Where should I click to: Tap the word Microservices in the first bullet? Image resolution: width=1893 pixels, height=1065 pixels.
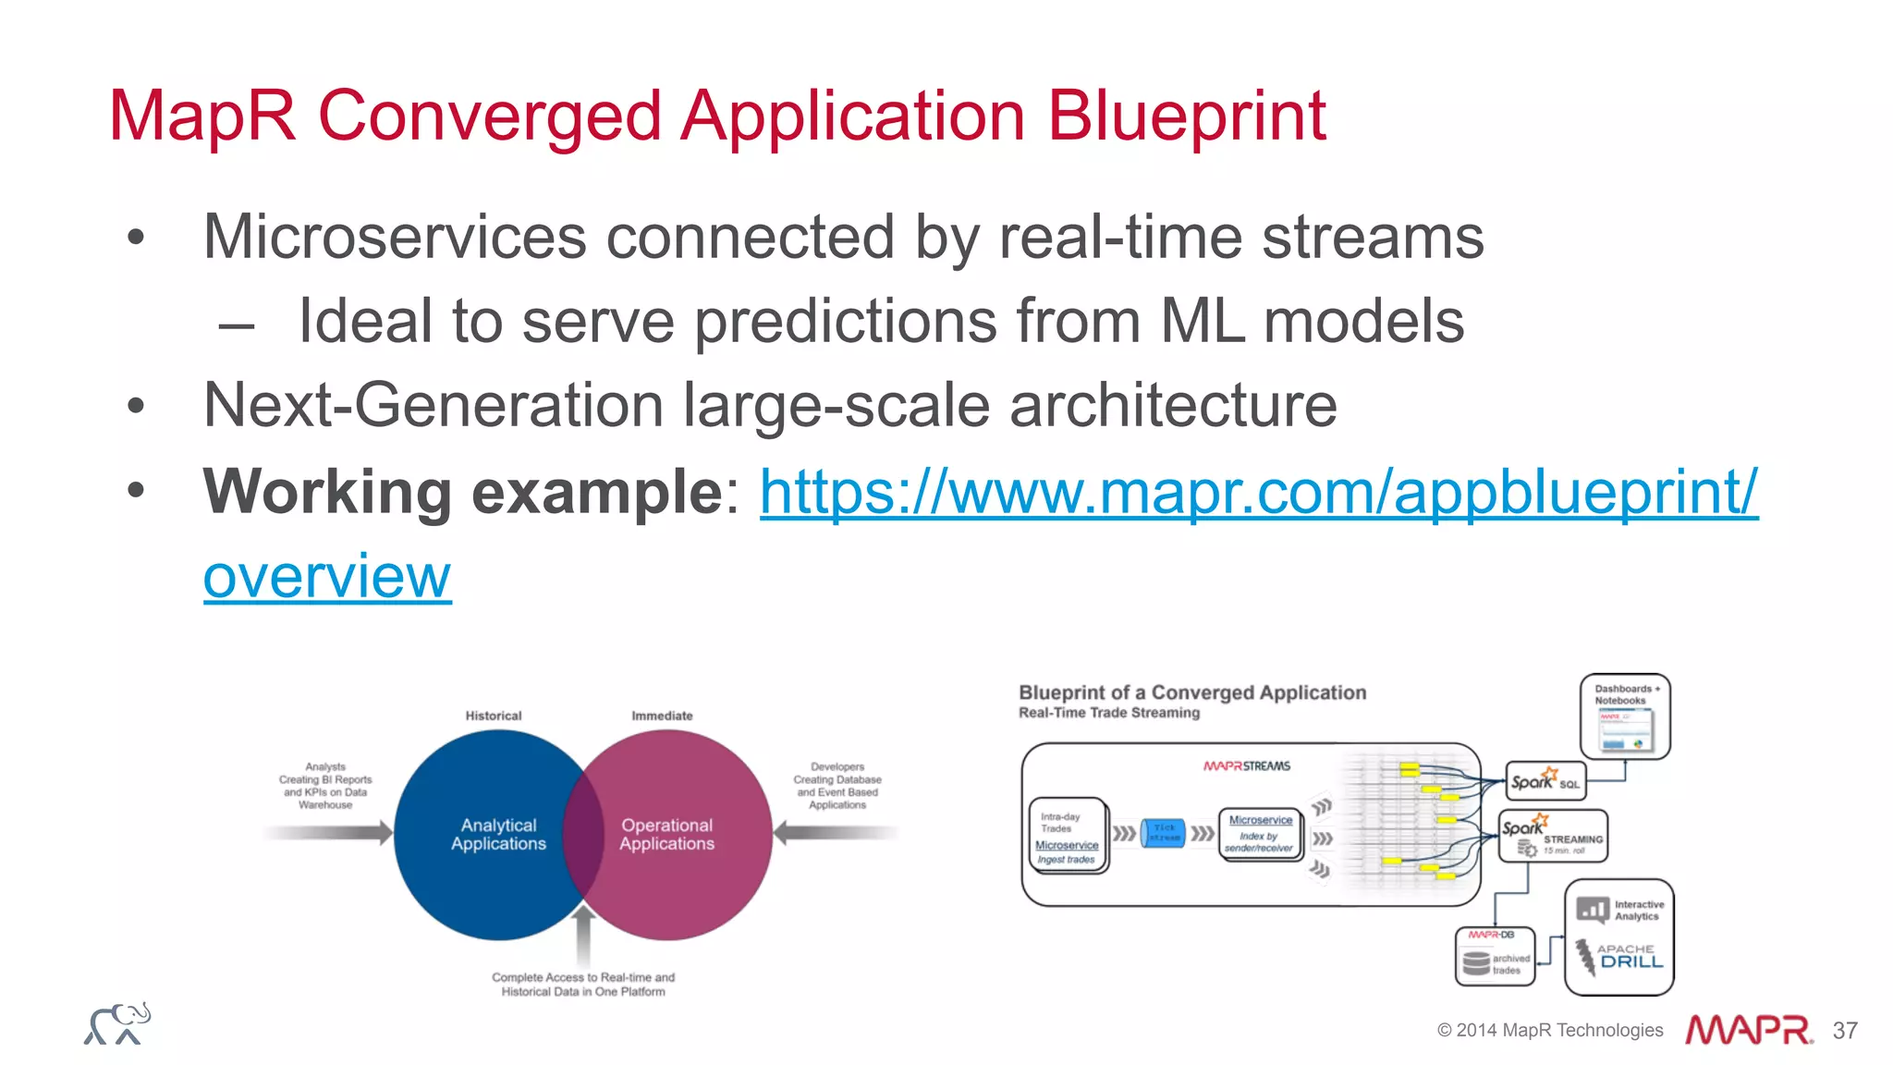click(395, 237)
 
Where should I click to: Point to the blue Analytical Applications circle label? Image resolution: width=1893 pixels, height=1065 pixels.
click(498, 834)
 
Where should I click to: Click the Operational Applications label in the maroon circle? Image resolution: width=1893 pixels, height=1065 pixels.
click(666, 834)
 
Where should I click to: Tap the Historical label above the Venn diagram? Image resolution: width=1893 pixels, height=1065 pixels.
click(493, 716)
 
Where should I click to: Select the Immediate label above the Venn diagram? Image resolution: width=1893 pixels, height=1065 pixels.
click(662, 716)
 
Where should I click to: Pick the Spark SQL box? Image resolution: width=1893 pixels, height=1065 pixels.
click(1545, 781)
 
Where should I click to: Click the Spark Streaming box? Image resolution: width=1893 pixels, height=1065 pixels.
click(1552, 836)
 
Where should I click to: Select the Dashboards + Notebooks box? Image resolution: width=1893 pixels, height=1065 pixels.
click(1625, 716)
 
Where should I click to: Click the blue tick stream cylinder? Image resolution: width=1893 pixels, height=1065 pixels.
click(1163, 833)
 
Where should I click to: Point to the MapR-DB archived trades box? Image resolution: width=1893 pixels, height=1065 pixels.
click(1495, 957)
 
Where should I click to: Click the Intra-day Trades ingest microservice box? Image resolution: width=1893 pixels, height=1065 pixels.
click(1068, 836)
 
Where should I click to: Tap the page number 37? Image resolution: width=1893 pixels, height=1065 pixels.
click(1845, 1030)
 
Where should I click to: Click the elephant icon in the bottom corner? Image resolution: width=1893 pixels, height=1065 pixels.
click(117, 1023)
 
